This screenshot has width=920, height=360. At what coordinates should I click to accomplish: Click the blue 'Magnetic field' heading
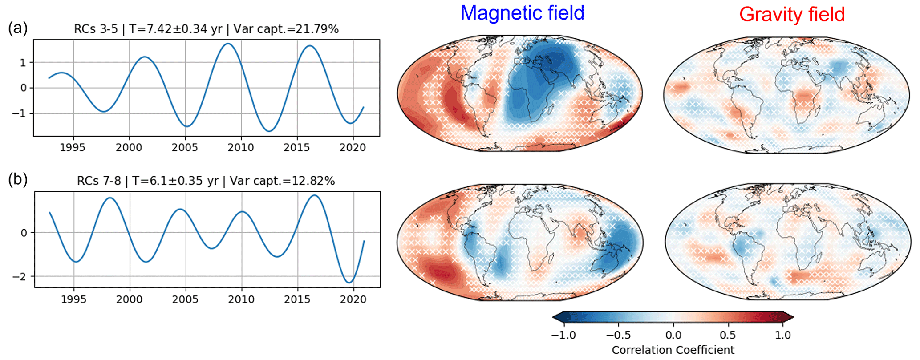click(522, 13)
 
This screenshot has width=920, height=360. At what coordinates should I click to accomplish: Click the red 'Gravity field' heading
click(792, 14)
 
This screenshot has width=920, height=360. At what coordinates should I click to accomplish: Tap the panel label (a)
click(18, 28)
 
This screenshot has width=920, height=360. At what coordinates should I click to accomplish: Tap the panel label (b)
click(18, 180)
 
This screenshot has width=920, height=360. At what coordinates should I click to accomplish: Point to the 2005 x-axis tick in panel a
click(185, 147)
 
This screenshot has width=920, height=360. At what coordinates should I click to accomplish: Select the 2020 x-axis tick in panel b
click(353, 299)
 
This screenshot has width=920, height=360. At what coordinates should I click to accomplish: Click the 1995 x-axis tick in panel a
click(73, 147)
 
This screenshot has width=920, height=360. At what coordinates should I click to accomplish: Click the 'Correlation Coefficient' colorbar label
click(673, 350)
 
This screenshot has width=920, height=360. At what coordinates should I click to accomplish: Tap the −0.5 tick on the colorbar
click(618, 335)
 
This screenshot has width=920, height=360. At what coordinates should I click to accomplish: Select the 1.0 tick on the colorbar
click(783, 335)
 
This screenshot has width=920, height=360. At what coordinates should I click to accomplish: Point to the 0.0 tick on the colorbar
click(673, 335)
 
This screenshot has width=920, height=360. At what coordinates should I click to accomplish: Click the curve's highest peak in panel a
click(227, 44)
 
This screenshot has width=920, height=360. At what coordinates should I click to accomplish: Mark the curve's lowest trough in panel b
click(350, 283)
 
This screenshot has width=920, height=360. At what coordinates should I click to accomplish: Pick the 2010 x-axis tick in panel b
click(242, 299)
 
